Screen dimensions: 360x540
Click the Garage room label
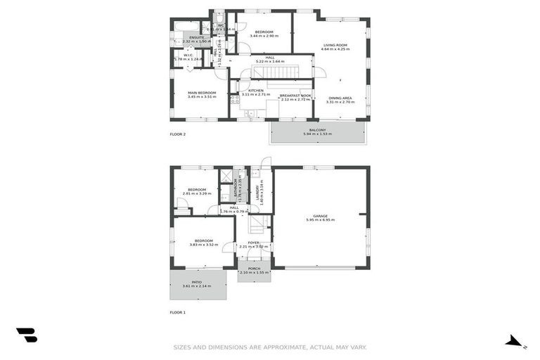pos(320,216)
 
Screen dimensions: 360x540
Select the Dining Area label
pos(340,98)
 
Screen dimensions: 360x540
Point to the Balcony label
pos(318,130)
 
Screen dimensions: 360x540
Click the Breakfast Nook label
pos(295,96)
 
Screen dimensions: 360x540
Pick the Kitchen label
pos(255,91)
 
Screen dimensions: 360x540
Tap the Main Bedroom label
pos(202,93)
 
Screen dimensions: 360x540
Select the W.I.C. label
pos(188,56)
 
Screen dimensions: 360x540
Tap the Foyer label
pos(253,243)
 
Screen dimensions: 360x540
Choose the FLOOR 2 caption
pos(178,134)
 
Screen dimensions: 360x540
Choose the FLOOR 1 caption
pos(178,311)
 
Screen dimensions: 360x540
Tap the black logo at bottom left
pos(27,335)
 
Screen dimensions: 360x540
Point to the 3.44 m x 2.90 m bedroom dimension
pos(264,36)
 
